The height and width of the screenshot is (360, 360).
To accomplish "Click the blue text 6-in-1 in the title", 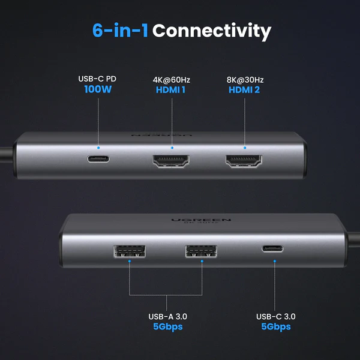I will tap(120, 31).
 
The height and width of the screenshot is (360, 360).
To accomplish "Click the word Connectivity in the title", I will tap(211, 31).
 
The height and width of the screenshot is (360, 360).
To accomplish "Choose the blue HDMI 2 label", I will tap(245, 91).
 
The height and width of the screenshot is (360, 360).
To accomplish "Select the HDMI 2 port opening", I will tap(245, 161).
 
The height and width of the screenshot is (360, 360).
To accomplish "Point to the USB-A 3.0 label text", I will tap(165, 316).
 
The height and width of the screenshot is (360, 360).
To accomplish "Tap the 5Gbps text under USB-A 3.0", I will tap(165, 327).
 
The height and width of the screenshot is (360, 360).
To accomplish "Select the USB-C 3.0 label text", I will tap(275, 316).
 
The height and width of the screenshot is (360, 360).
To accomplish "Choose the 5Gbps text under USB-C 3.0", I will tap(275, 327).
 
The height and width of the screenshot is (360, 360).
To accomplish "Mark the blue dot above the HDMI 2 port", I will tap(245, 147).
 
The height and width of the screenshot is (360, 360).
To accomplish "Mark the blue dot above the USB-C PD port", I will tap(99, 147).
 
